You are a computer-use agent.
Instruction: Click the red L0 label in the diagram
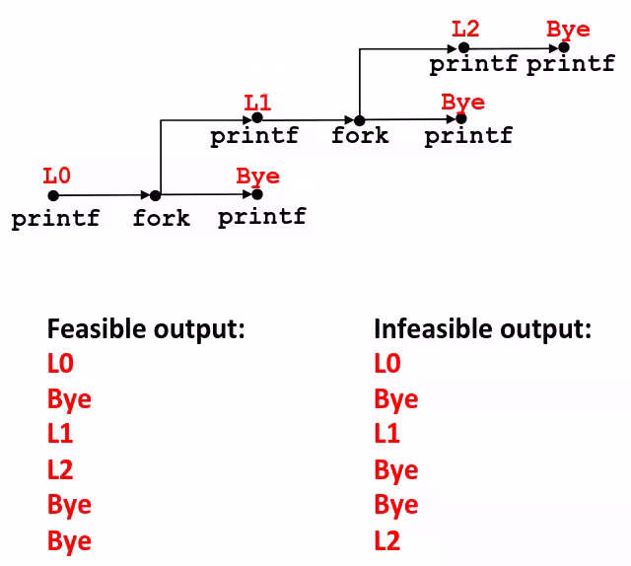click(57, 177)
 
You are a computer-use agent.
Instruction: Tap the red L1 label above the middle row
click(257, 102)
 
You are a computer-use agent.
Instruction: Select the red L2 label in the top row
click(465, 28)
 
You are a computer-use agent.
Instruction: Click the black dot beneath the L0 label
click(53, 195)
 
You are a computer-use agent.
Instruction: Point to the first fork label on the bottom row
click(161, 218)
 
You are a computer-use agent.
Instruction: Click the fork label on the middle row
click(360, 135)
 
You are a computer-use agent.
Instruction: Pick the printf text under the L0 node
click(55, 219)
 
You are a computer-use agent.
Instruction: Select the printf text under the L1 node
click(254, 136)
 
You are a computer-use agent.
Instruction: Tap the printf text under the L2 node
click(472, 65)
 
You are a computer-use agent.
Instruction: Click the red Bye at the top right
click(569, 29)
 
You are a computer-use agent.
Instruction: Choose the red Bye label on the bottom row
click(258, 177)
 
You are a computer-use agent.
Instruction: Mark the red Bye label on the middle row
click(463, 103)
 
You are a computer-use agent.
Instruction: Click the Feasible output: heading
click(146, 329)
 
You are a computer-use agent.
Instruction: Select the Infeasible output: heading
click(482, 329)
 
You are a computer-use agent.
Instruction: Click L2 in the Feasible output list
click(60, 469)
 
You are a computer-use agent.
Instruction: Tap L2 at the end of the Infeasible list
click(387, 540)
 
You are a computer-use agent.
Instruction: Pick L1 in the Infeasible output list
click(387, 434)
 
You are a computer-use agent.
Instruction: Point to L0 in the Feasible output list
click(60, 364)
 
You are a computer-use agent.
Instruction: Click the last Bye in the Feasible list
click(69, 540)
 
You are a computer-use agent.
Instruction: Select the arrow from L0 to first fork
click(104, 195)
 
